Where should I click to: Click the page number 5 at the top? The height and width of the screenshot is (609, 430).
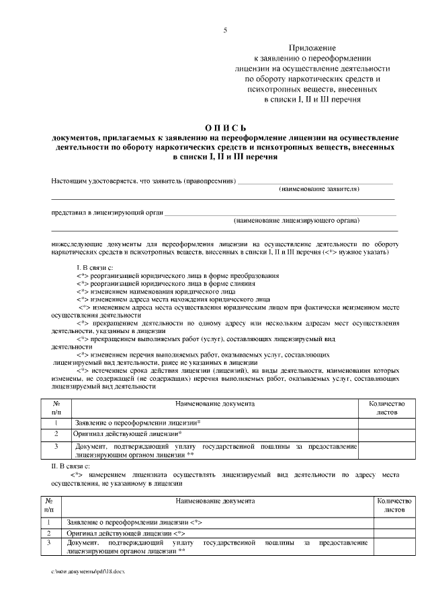click(225, 30)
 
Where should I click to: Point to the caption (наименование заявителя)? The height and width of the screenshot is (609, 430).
click(319, 189)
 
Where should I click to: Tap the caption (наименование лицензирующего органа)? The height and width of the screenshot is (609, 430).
click(296, 220)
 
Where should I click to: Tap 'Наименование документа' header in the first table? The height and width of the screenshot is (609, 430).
click(214, 404)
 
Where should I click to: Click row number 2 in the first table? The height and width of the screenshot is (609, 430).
click(56, 434)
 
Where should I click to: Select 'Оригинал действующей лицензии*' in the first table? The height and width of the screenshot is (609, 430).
click(127, 434)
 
